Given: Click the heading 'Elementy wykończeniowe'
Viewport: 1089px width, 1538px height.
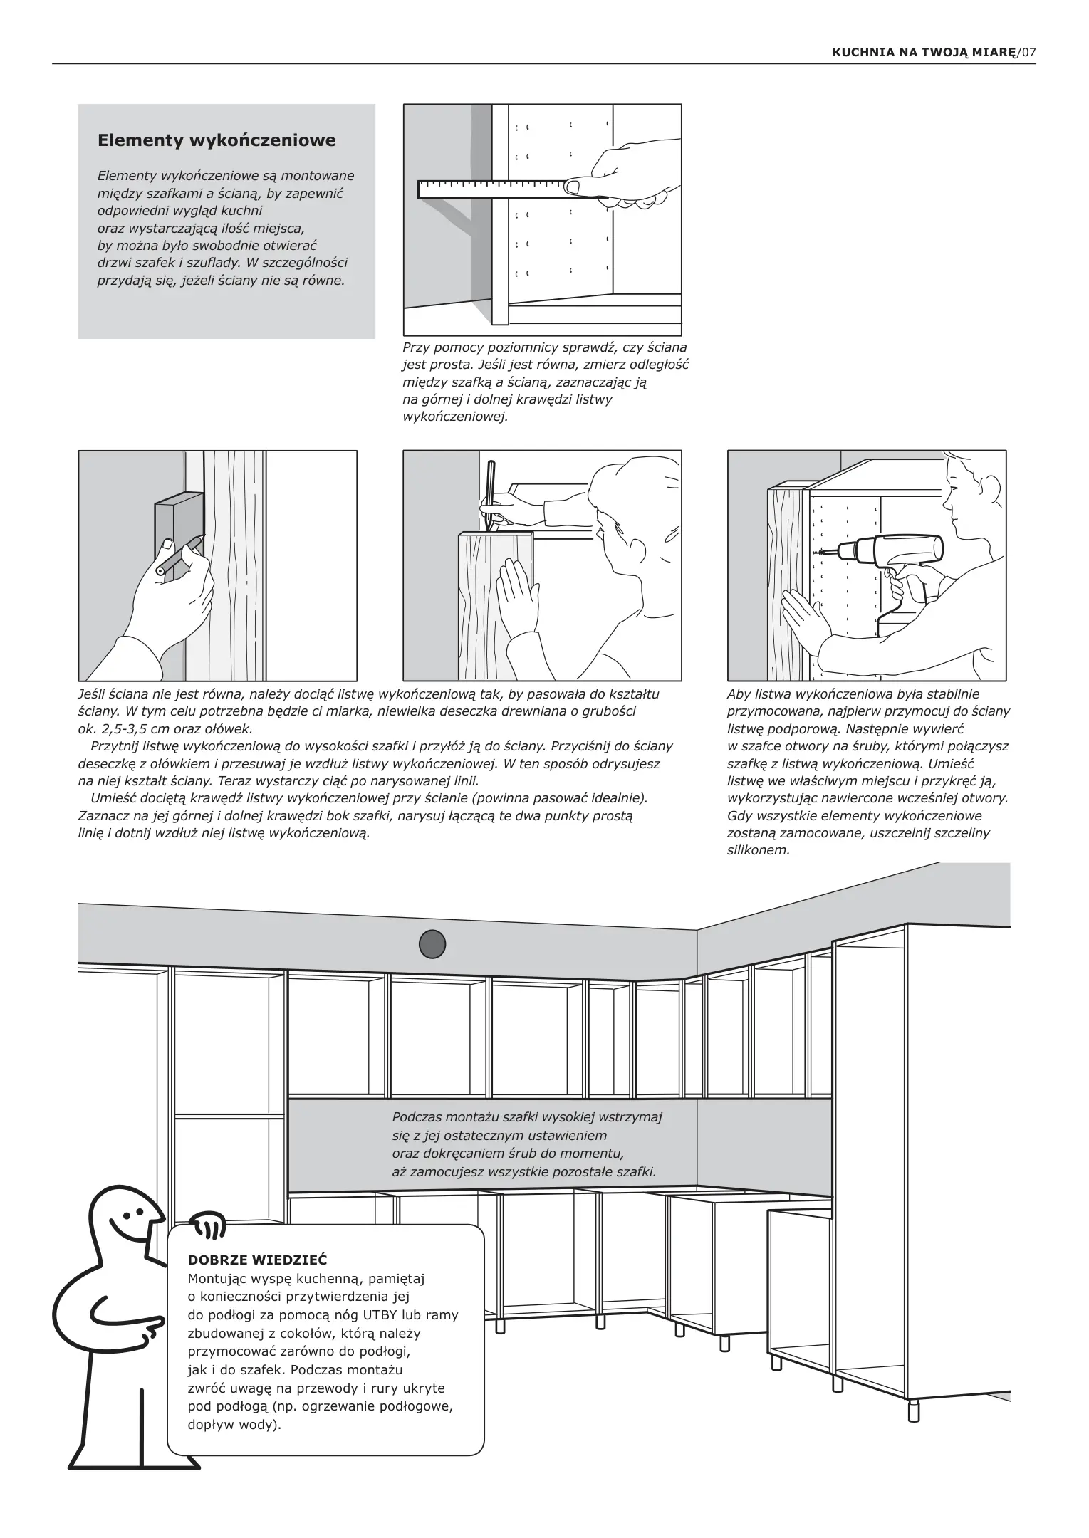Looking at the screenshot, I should tap(217, 140).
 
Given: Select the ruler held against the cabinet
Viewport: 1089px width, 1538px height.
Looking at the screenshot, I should tap(491, 189).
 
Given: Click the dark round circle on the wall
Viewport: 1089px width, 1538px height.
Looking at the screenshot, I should tap(432, 944).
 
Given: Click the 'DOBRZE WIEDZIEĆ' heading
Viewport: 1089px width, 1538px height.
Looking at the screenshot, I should tap(257, 1260).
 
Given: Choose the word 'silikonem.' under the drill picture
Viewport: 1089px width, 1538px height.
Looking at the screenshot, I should tap(759, 850).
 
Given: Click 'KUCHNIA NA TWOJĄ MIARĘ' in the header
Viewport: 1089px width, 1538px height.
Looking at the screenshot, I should tap(923, 53).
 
